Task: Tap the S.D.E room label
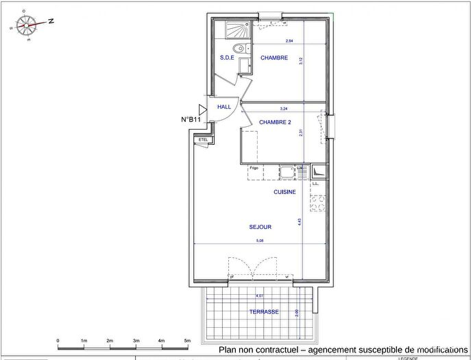[x=227, y=58]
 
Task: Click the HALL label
[x=224, y=108]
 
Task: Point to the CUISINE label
[x=285, y=192]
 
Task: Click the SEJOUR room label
[x=261, y=226]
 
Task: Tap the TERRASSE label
[x=264, y=311]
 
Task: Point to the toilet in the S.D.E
[x=237, y=48]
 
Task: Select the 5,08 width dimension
[x=258, y=241]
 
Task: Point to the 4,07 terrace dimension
[x=258, y=296]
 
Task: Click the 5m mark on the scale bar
[x=187, y=340]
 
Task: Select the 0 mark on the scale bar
[x=58, y=340]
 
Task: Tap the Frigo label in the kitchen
[x=254, y=168]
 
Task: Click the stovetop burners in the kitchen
[x=317, y=202]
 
